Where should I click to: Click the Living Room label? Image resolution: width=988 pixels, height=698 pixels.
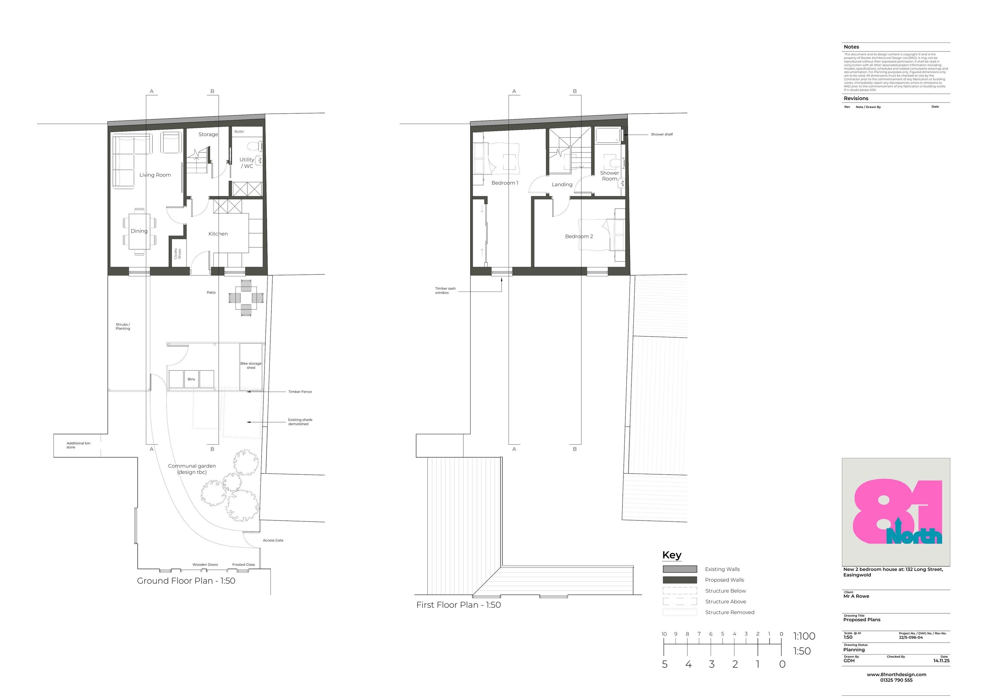155,175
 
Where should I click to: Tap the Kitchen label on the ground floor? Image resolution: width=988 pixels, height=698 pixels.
218,234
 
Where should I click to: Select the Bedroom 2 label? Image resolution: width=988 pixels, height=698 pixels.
579,236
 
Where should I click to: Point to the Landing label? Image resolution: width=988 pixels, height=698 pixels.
562,184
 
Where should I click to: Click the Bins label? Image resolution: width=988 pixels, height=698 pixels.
191,379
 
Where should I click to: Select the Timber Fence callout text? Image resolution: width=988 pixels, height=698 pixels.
300,392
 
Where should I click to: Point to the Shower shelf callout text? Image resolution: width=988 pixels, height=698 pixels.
661,134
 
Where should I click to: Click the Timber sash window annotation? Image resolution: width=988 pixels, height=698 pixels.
445,291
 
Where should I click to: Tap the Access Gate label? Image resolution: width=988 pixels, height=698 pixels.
273,540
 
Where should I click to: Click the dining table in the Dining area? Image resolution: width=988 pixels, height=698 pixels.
139,232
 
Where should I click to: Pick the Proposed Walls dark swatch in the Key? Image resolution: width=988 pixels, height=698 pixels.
679,580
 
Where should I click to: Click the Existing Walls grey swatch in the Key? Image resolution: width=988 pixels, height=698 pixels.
679,569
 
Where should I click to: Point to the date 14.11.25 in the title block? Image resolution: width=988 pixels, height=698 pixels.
941,660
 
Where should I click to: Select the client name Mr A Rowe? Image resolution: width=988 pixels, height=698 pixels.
856,596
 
